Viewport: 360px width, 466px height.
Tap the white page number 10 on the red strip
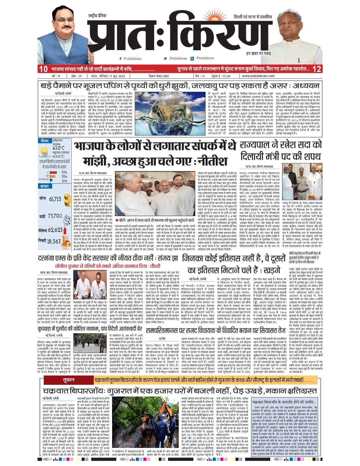coord(43,69)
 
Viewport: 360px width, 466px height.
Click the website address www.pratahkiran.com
coord(258,76)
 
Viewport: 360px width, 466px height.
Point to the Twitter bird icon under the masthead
coord(165,58)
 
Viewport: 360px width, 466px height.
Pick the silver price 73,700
coord(55,216)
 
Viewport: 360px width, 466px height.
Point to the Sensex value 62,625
coord(55,230)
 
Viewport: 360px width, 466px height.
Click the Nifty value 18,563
coord(54,241)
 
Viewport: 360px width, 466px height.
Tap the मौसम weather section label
coord(44,141)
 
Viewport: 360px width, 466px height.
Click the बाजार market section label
coord(45,186)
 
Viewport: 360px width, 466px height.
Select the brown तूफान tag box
coord(68,380)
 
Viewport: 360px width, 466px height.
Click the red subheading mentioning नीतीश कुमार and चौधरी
coord(108,266)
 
